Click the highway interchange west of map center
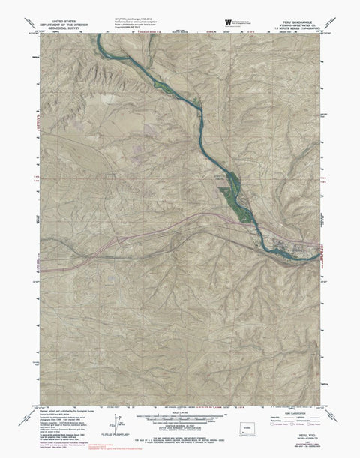112,241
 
